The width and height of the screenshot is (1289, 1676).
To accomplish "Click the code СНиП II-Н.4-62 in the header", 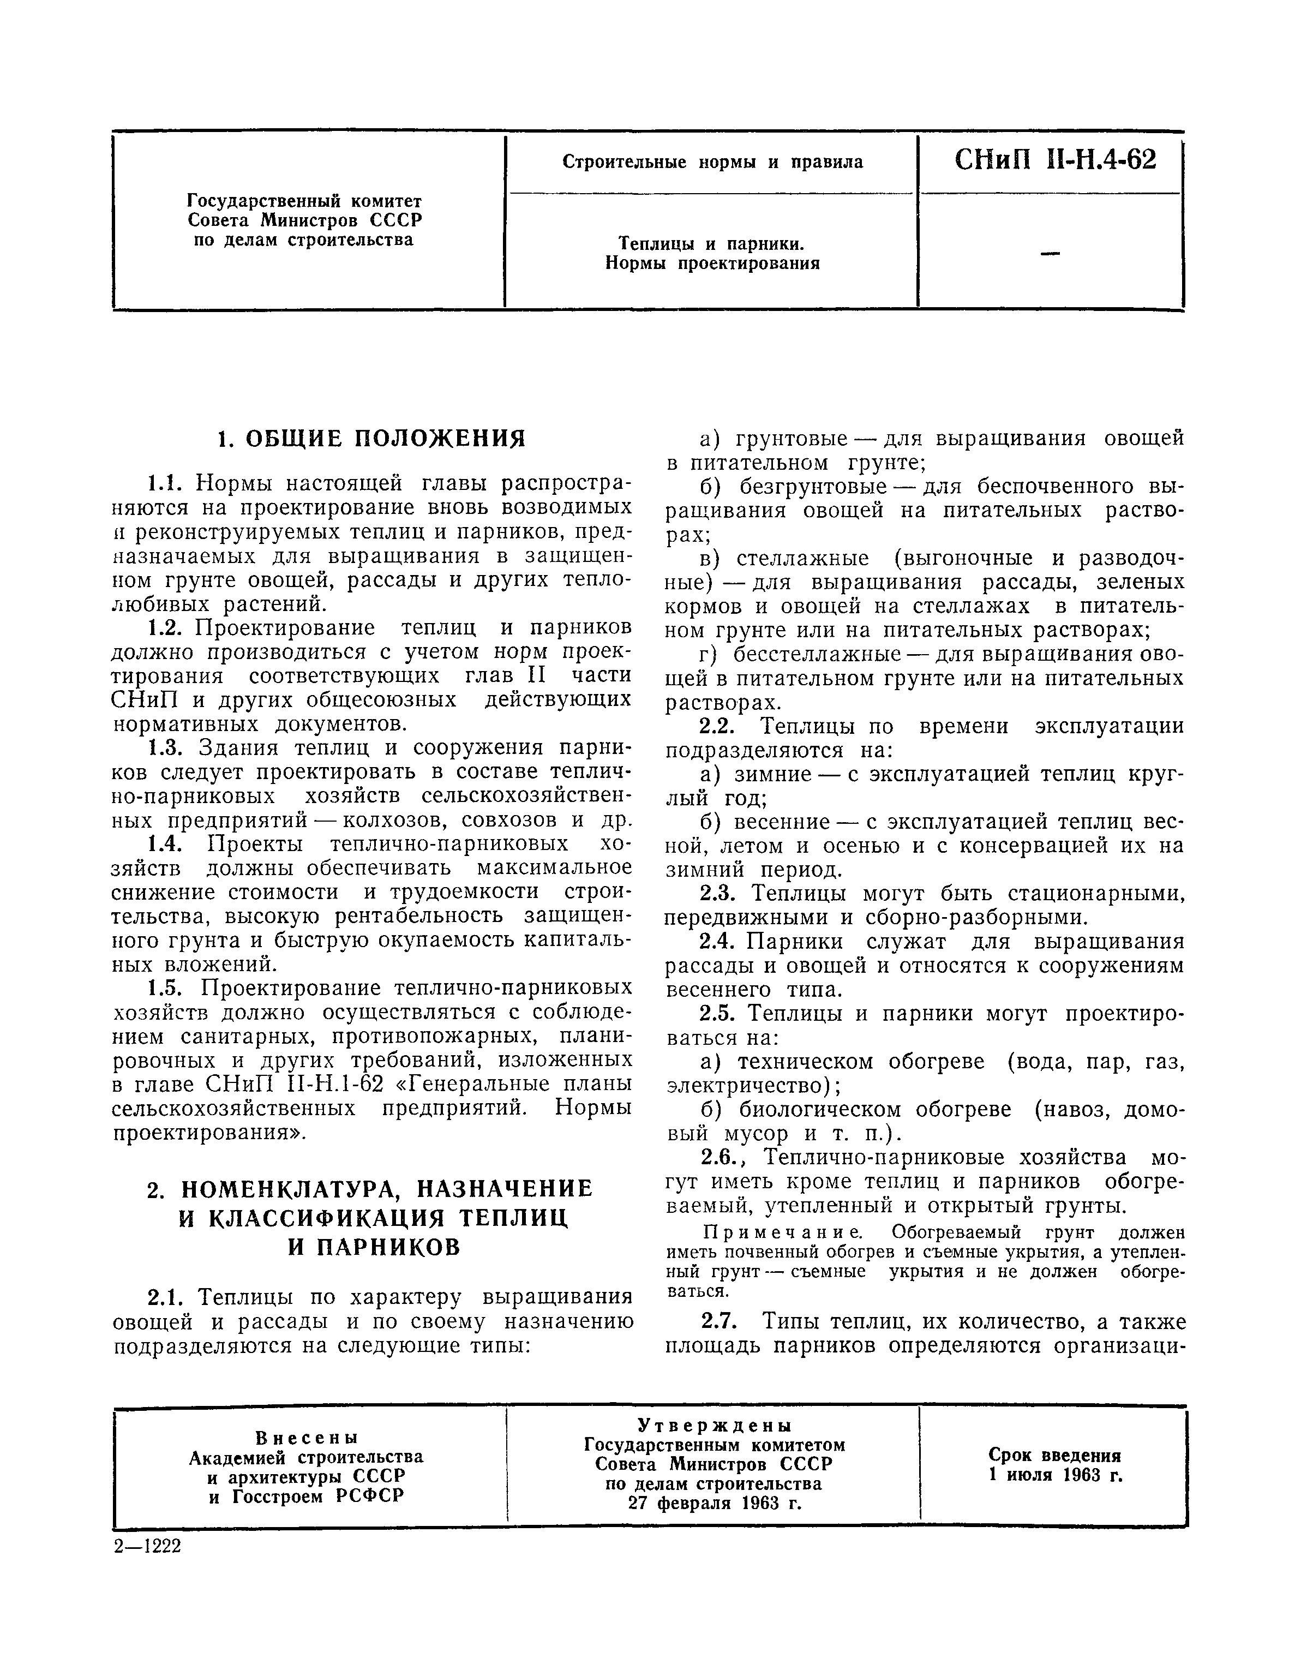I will point(1055,160).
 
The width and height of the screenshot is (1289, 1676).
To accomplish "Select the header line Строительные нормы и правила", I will point(713,162).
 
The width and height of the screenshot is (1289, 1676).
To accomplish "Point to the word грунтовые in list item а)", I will point(791,439).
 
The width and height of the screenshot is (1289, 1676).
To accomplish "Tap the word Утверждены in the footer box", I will point(714,1426).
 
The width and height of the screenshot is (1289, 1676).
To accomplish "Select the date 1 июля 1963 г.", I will point(1055,1475).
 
